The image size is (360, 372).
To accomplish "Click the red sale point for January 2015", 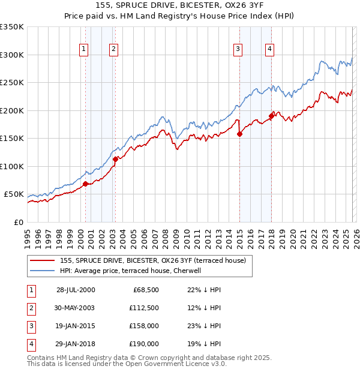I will [x=239, y=134].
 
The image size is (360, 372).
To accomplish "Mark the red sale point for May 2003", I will [x=116, y=159].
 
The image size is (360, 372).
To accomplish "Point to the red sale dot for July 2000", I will [x=86, y=184].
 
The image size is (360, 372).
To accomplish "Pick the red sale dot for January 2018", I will [x=271, y=116].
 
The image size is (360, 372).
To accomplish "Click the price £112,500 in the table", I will [x=144, y=308].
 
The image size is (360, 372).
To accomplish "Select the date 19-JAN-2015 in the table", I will [x=75, y=326].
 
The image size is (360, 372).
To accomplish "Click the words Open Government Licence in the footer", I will [x=175, y=364].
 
